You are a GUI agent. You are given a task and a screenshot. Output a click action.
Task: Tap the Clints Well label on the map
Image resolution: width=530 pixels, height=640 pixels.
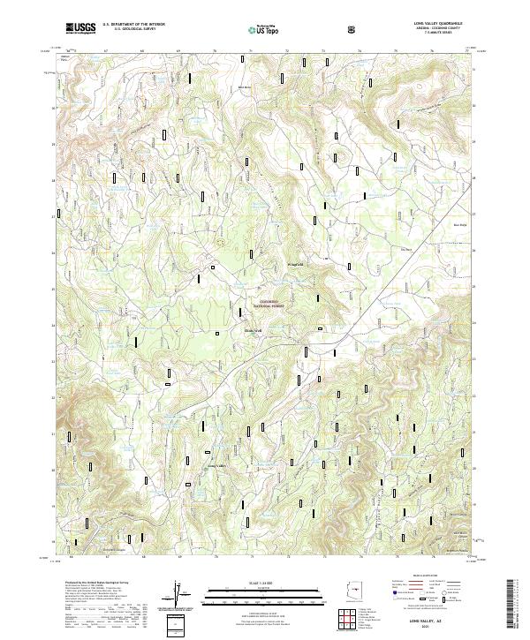pyautogui.click(x=254, y=332)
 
